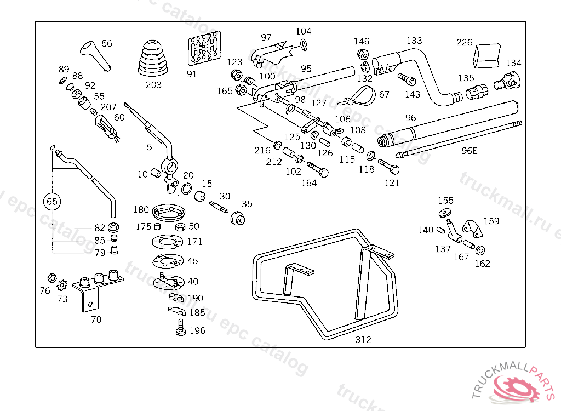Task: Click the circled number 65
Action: (x=52, y=201)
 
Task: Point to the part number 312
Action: (x=363, y=340)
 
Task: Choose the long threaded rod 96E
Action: (x=460, y=138)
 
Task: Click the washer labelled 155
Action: (x=444, y=212)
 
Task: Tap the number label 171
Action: (x=194, y=242)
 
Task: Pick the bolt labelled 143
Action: (x=405, y=78)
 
